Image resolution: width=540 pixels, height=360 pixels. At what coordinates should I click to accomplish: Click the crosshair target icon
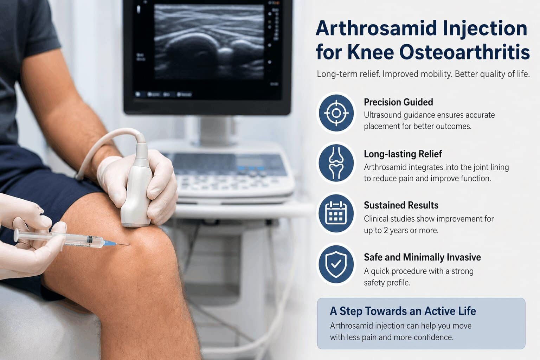pos(336,113)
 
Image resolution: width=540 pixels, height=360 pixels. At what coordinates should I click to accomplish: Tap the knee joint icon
pos(336,163)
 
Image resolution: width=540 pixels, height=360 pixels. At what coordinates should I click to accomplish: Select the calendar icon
pos(336,213)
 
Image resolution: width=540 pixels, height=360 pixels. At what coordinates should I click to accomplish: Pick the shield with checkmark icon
pos(336,264)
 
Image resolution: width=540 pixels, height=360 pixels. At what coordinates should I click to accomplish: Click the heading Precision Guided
pos(398,102)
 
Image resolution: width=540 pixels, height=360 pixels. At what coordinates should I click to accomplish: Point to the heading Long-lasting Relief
pos(403,154)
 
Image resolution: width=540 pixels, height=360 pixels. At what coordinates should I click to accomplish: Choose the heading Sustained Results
pos(401,205)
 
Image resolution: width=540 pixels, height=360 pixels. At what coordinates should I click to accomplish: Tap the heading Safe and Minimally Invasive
pos(422,257)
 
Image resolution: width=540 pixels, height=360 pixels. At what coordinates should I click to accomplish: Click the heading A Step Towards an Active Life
pos(403,311)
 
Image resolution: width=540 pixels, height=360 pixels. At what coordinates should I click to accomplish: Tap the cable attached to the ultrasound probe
pos(105,141)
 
